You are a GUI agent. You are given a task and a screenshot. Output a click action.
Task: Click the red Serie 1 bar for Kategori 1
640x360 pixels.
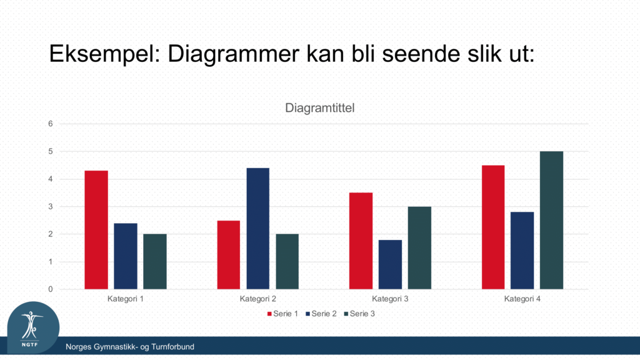click(96, 230)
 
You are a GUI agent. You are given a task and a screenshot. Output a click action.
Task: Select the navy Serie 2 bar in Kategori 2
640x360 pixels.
click(258, 229)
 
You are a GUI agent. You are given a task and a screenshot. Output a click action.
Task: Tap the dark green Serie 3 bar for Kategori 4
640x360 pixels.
click(551, 221)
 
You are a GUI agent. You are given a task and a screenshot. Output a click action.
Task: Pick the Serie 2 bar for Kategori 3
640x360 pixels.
click(390, 264)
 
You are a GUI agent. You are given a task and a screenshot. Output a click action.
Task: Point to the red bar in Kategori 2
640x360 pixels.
click(229, 255)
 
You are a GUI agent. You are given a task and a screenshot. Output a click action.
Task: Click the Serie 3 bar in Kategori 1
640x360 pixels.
click(155, 262)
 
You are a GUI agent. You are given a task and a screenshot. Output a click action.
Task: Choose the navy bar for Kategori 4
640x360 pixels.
click(522, 251)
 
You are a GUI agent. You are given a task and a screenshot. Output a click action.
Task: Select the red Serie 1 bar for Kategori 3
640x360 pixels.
click(361, 241)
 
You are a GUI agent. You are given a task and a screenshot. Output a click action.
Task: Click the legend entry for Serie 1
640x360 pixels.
click(282, 314)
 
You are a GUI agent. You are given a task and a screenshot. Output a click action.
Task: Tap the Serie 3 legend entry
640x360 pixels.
click(359, 314)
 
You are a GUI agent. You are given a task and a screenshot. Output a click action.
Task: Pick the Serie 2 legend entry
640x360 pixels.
click(321, 314)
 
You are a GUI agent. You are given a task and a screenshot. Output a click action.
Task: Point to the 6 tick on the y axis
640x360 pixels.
click(51, 124)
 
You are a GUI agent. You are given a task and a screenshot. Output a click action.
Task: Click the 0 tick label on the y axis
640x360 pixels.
click(51, 289)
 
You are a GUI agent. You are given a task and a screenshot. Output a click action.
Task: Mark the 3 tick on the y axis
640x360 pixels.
click(51, 206)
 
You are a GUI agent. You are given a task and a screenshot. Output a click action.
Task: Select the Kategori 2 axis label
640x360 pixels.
click(258, 299)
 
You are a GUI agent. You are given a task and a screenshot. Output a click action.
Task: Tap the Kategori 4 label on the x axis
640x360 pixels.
click(522, 299)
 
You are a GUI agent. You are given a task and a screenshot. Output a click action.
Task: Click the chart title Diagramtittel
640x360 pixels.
click(319, 108)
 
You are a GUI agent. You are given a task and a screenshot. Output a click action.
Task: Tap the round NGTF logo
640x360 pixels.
click(34, 327)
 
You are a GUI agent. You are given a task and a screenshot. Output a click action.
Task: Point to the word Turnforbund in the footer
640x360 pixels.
click(172, 347)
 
